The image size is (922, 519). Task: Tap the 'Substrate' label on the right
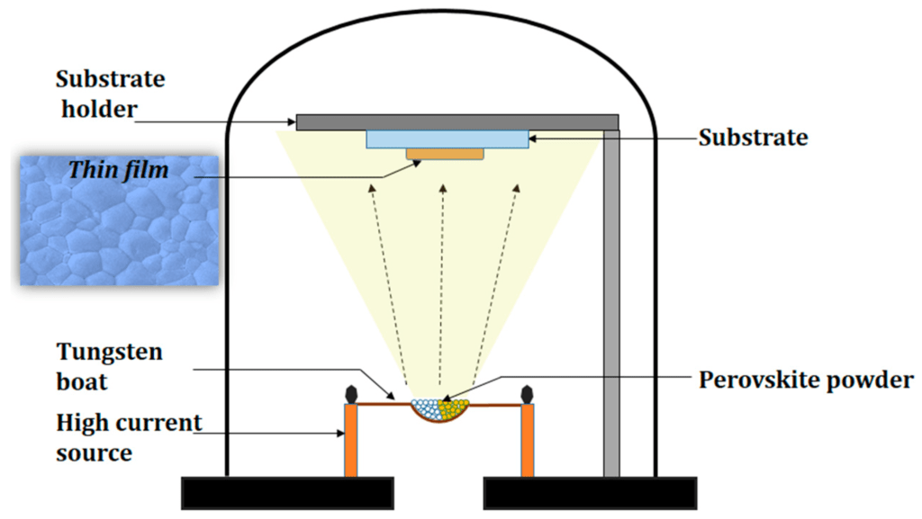tap(753, 139)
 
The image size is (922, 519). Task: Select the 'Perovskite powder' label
tap(806, 380)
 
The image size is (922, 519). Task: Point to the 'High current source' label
tap(129, 437)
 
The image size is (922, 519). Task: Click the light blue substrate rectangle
tap(446, 139)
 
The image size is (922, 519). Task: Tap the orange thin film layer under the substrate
tap(444, 154)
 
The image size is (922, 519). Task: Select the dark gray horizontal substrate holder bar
tap(457, 121)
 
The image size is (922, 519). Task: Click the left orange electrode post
tap(351, 441)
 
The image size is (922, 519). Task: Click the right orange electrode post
tap(527, 441)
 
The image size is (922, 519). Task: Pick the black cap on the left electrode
tap(351, 394)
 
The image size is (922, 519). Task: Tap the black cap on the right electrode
tap(527, 394)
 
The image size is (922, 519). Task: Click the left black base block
tap(287, 493)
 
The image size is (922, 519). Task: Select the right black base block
tap(590, 493)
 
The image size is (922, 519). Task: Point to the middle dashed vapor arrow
tap(441, 288)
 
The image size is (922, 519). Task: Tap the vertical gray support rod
tap(611, 306)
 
